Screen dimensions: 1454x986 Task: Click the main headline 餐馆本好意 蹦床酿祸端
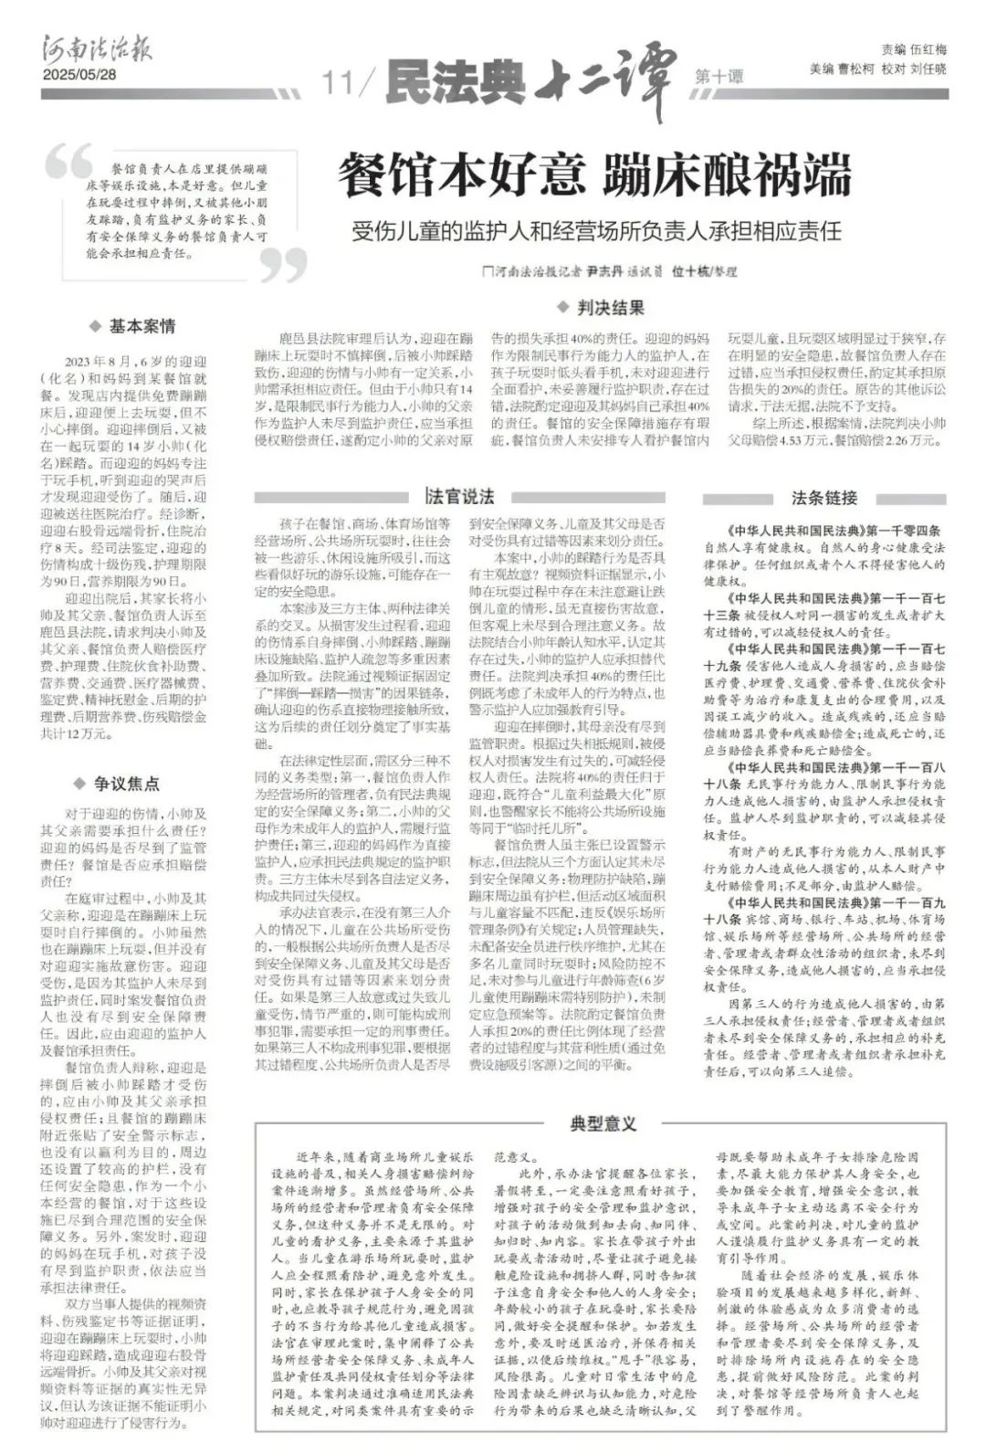click(x=594, y=175)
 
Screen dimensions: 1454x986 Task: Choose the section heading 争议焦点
click(x=127, y=783)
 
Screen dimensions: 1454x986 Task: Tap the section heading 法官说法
click(x=462, y=497)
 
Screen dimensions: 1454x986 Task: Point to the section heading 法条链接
click(x=824, y=498)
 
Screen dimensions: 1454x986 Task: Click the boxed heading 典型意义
click(x=603, y=1123)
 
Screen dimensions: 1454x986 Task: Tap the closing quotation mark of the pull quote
click(x=283, y=265)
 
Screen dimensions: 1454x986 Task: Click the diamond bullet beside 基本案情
click(x=94, y=326)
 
